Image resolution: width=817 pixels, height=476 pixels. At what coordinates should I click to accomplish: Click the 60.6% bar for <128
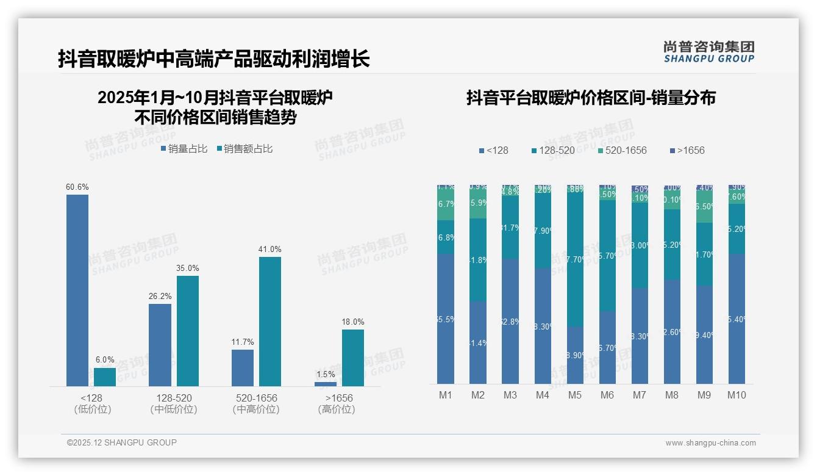coord(77,290)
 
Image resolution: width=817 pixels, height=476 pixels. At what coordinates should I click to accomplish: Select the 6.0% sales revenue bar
coord(105,377)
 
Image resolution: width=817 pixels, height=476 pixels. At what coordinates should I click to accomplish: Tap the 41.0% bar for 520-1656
coord(270,321)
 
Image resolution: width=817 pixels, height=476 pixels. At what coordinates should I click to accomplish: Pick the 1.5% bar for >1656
coord(326,384)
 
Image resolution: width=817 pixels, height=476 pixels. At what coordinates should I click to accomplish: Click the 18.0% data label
coord(352,322)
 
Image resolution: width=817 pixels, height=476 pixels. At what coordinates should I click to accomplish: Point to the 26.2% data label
coord(160,296)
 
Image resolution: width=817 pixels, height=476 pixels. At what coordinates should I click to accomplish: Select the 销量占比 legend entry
coord(184,148)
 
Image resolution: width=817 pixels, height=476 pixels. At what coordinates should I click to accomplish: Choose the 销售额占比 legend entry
coord(244,148)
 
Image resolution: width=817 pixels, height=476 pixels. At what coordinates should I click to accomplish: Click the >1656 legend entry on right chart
coord(687,150)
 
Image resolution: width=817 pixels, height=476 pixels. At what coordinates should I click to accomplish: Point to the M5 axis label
coord(575,395)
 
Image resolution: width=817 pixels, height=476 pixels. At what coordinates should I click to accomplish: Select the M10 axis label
coord(737,395)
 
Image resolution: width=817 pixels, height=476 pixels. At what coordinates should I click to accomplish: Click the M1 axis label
coord(446,395)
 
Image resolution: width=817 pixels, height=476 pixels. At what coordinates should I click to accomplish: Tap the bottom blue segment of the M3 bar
coord(510,321)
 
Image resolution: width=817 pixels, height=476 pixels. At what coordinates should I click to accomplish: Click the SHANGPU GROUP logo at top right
coord(708,51)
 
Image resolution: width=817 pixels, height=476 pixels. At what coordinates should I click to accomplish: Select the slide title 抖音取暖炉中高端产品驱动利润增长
coord(214,59)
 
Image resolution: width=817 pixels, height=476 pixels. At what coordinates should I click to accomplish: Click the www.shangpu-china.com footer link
coord(710,443)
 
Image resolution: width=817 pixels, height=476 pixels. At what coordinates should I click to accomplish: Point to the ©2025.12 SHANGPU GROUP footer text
coord(122,442)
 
